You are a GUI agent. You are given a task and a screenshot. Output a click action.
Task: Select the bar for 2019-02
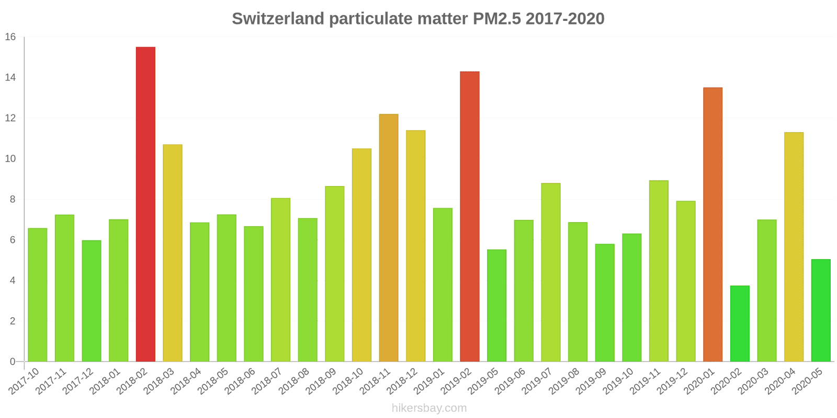coord(470,216)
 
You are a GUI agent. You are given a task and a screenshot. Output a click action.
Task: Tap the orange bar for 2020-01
coord(712,225)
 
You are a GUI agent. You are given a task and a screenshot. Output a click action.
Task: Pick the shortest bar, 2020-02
coord(740,323)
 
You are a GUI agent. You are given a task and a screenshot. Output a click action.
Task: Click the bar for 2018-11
coord(389,238)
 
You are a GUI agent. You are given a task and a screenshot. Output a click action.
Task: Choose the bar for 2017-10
coord(38,295)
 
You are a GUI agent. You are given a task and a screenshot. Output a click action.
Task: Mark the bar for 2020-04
coord(794,247)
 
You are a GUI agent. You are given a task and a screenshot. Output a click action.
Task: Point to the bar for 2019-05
coord(496,306)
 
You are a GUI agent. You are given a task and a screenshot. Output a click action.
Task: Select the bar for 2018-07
coord(280,280)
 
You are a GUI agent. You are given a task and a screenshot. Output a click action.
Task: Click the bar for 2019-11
coord(659,271)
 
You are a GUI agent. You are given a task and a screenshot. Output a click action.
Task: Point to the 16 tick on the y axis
coord(10,37)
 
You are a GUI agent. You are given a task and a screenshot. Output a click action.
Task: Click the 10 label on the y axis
coord(10,159)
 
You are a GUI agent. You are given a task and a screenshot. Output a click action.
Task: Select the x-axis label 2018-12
coord(402,381)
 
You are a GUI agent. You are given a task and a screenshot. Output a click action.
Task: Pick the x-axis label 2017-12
coord(78,381)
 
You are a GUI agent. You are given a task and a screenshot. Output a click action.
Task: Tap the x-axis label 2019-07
coord(537,381)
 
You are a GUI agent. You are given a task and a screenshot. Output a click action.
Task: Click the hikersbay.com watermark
coord(429,408)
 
